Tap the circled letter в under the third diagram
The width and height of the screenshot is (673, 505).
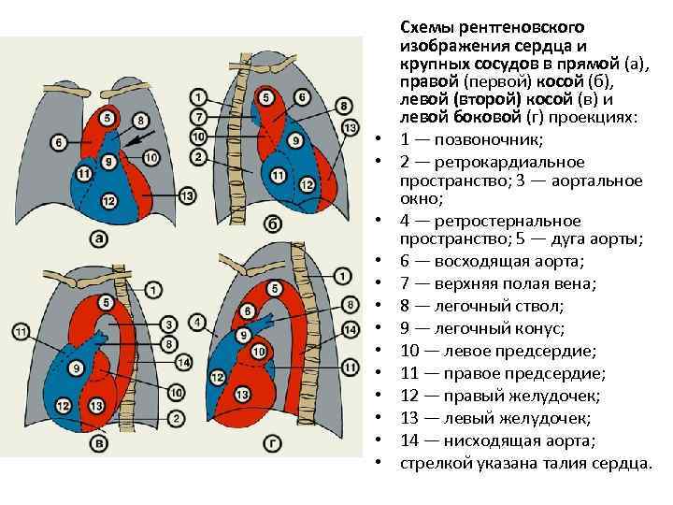97,442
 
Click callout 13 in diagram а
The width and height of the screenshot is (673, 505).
188,195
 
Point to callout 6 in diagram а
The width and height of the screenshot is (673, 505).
60,142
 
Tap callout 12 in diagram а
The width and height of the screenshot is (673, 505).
108,201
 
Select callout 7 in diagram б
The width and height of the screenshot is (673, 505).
198,117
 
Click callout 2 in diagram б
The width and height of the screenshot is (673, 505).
198,157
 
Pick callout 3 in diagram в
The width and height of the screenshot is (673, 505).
170,324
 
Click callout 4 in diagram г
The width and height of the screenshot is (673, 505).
197,323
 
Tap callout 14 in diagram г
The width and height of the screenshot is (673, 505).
351,329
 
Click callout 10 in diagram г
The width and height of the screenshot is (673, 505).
259,352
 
